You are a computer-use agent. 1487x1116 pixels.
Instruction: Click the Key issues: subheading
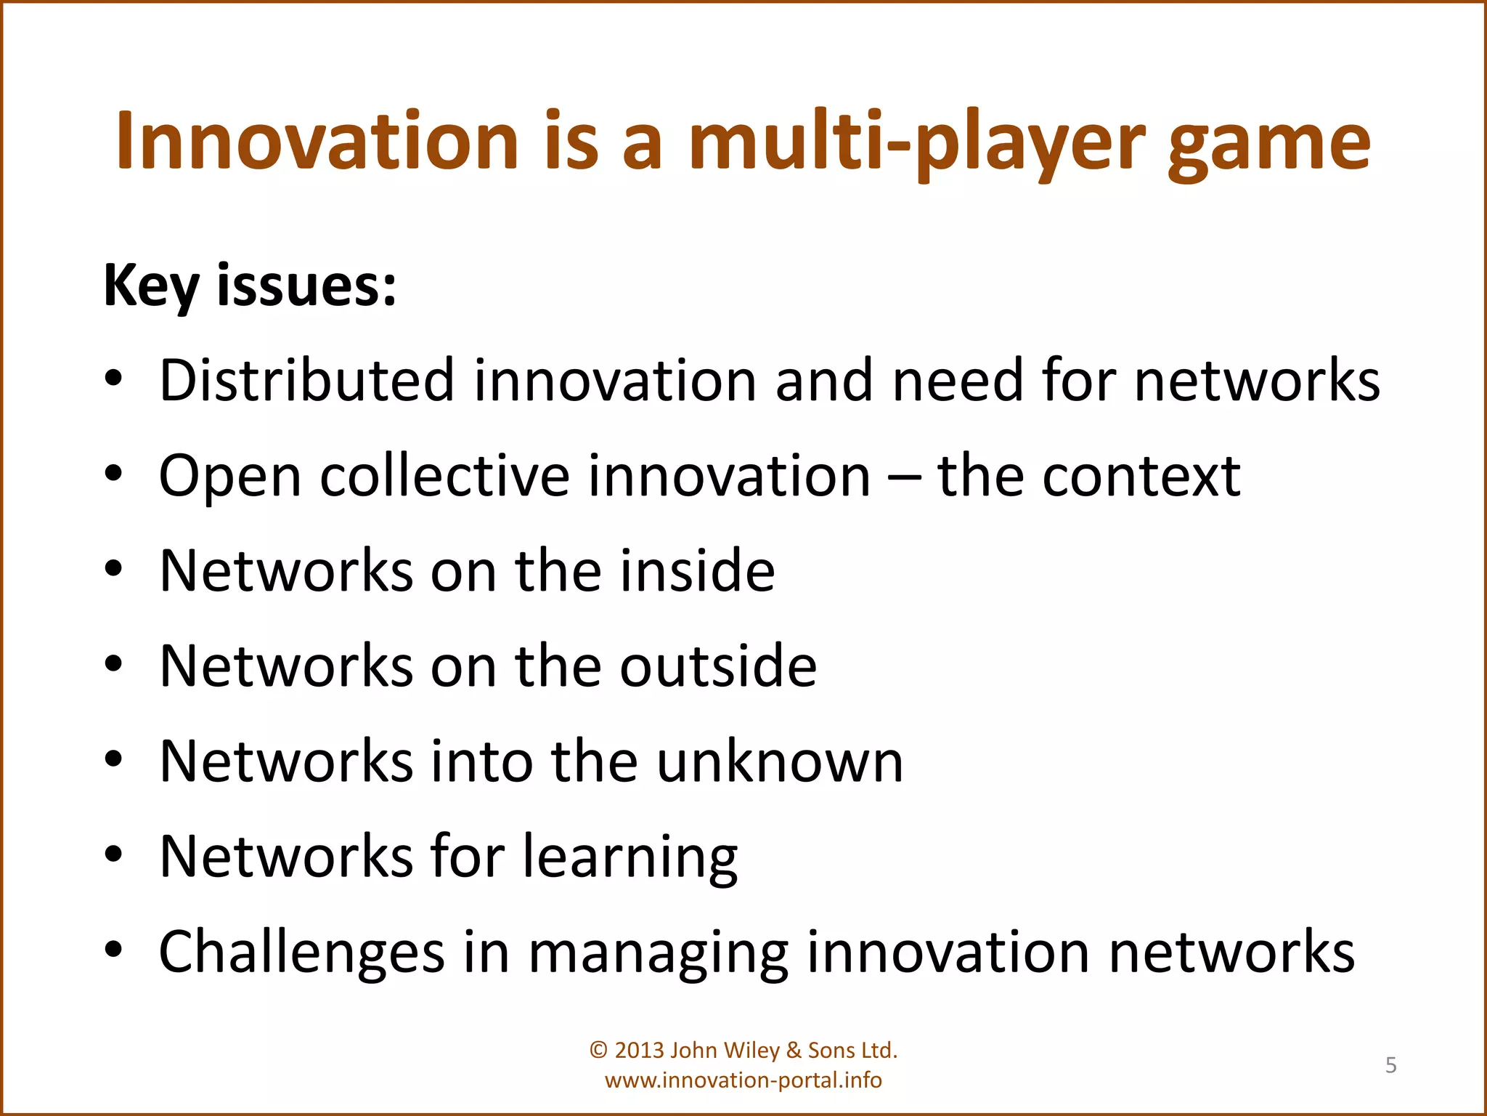coord(250,286)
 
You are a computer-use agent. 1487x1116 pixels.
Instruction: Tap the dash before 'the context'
coord(904,478)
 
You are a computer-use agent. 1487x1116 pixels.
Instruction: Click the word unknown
coord(780,761)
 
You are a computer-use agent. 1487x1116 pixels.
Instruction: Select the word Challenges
coord(301,953)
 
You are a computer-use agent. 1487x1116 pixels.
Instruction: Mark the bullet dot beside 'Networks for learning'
coord(113,855)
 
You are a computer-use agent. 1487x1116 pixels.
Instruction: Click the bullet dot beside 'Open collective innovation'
coord(113,474)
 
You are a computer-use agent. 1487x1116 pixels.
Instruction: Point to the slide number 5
coord(1390,1065)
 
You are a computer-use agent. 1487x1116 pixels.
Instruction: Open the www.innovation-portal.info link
coord(743,1080)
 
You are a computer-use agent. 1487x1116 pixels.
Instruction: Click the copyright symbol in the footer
coord(598,1051)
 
